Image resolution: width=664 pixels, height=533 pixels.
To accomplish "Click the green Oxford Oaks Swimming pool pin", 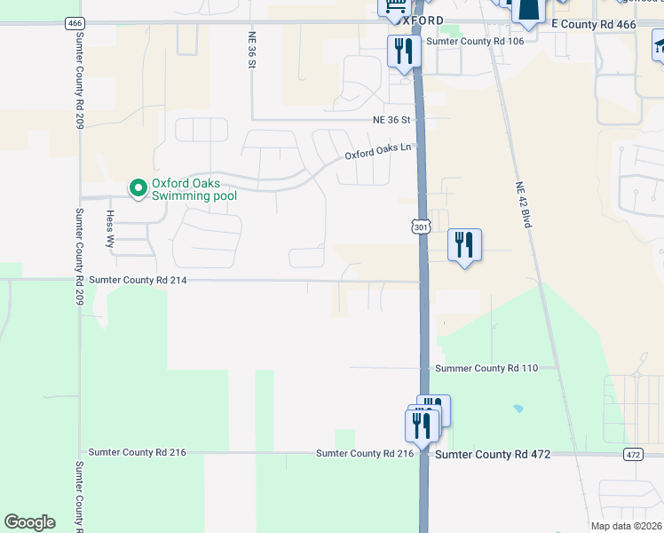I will [x=138, y=188].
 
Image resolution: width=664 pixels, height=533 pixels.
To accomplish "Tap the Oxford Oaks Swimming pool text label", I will [x=194, y=189].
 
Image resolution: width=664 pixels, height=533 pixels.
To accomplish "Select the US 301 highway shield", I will [x=422, y=227].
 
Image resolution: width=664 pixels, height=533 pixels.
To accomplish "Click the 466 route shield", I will [x=75, y=23].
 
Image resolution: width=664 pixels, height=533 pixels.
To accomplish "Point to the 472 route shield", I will [x=632, y=454].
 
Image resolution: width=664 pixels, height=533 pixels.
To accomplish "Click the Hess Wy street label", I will [x=111, y=228].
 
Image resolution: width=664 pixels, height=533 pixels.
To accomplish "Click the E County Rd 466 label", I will [x=594, y=24].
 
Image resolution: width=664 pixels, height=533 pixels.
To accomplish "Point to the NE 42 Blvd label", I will [x=522, y=205].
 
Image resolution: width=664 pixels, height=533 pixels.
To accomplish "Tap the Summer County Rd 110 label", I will [x=486, y=368].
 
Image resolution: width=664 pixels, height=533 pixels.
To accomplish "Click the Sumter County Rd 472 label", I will [x=492, y=454].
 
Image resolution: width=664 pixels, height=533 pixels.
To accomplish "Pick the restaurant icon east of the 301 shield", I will [x=464, y=244].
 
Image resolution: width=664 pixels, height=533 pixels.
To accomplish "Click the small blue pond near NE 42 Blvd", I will [x=518, y=409].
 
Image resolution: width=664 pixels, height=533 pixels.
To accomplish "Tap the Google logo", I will [x=29, y=522].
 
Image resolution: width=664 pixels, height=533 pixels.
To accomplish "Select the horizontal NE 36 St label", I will [x=392, y=119].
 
